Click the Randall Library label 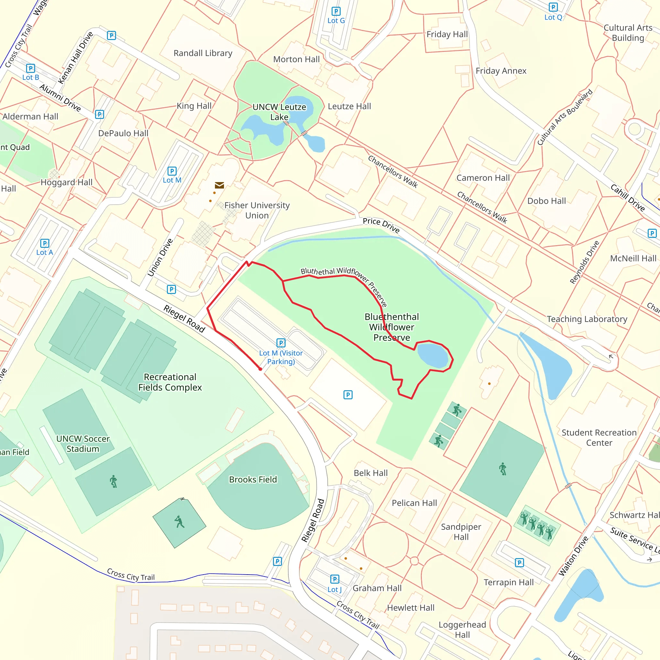[x=203, y=53]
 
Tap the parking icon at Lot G [x=336, y=11]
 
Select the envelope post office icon [x=219, y=185]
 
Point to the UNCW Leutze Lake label [x=279, y=112]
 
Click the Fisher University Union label [x=257, y=210]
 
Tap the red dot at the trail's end [x=260, y=369]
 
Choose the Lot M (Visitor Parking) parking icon [x=281, y=343]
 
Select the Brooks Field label [x=253, y=479]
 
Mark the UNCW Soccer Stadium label [x=83, y=443]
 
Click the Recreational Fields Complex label [x=170, y=382]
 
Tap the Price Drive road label [x=381, y=225]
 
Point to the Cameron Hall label [x=483, y=178]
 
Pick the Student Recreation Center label [x=599, y=438]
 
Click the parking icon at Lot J [x=335, y=579]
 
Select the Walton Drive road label [x=574, y=556]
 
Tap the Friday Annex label [x=501, y=71]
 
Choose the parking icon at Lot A [x=45, y=243]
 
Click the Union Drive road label [x=160, y=257]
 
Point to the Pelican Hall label [x=414, y=503]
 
